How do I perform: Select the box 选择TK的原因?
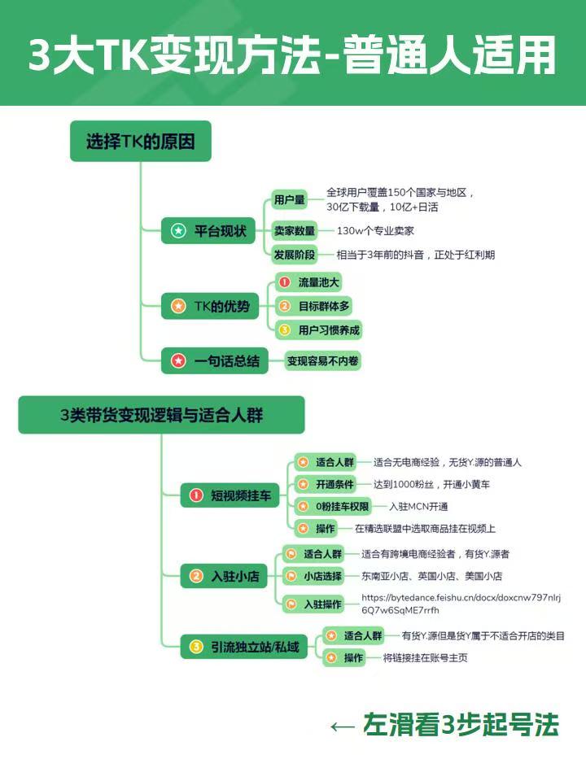(x=141, y=142)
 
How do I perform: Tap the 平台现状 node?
(x=208, y=230)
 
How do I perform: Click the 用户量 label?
(x=289, y=200)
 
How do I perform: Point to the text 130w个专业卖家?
(x=375, y=230)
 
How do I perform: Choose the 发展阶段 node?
(x=294, y=255)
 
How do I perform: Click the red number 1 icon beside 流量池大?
(x=285, y=282)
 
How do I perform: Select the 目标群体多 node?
(x=313, y=306)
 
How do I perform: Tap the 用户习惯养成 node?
(x=318, y=329)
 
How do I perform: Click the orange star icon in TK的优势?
(x=178, y=306)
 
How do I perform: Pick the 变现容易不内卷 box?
(x=322, y=361)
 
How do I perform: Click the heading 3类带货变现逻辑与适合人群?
(x=161, y=415)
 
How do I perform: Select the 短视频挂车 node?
(x=230, y=495)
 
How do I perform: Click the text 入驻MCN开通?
(x=418, y=507)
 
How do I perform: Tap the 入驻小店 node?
(x=223, y=576)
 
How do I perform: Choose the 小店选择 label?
(x=313, y=576)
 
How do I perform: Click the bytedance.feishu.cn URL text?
(x=461, y=604)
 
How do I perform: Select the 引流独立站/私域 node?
(x=243, y=647)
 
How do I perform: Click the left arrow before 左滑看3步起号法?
(x=342, y=726)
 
